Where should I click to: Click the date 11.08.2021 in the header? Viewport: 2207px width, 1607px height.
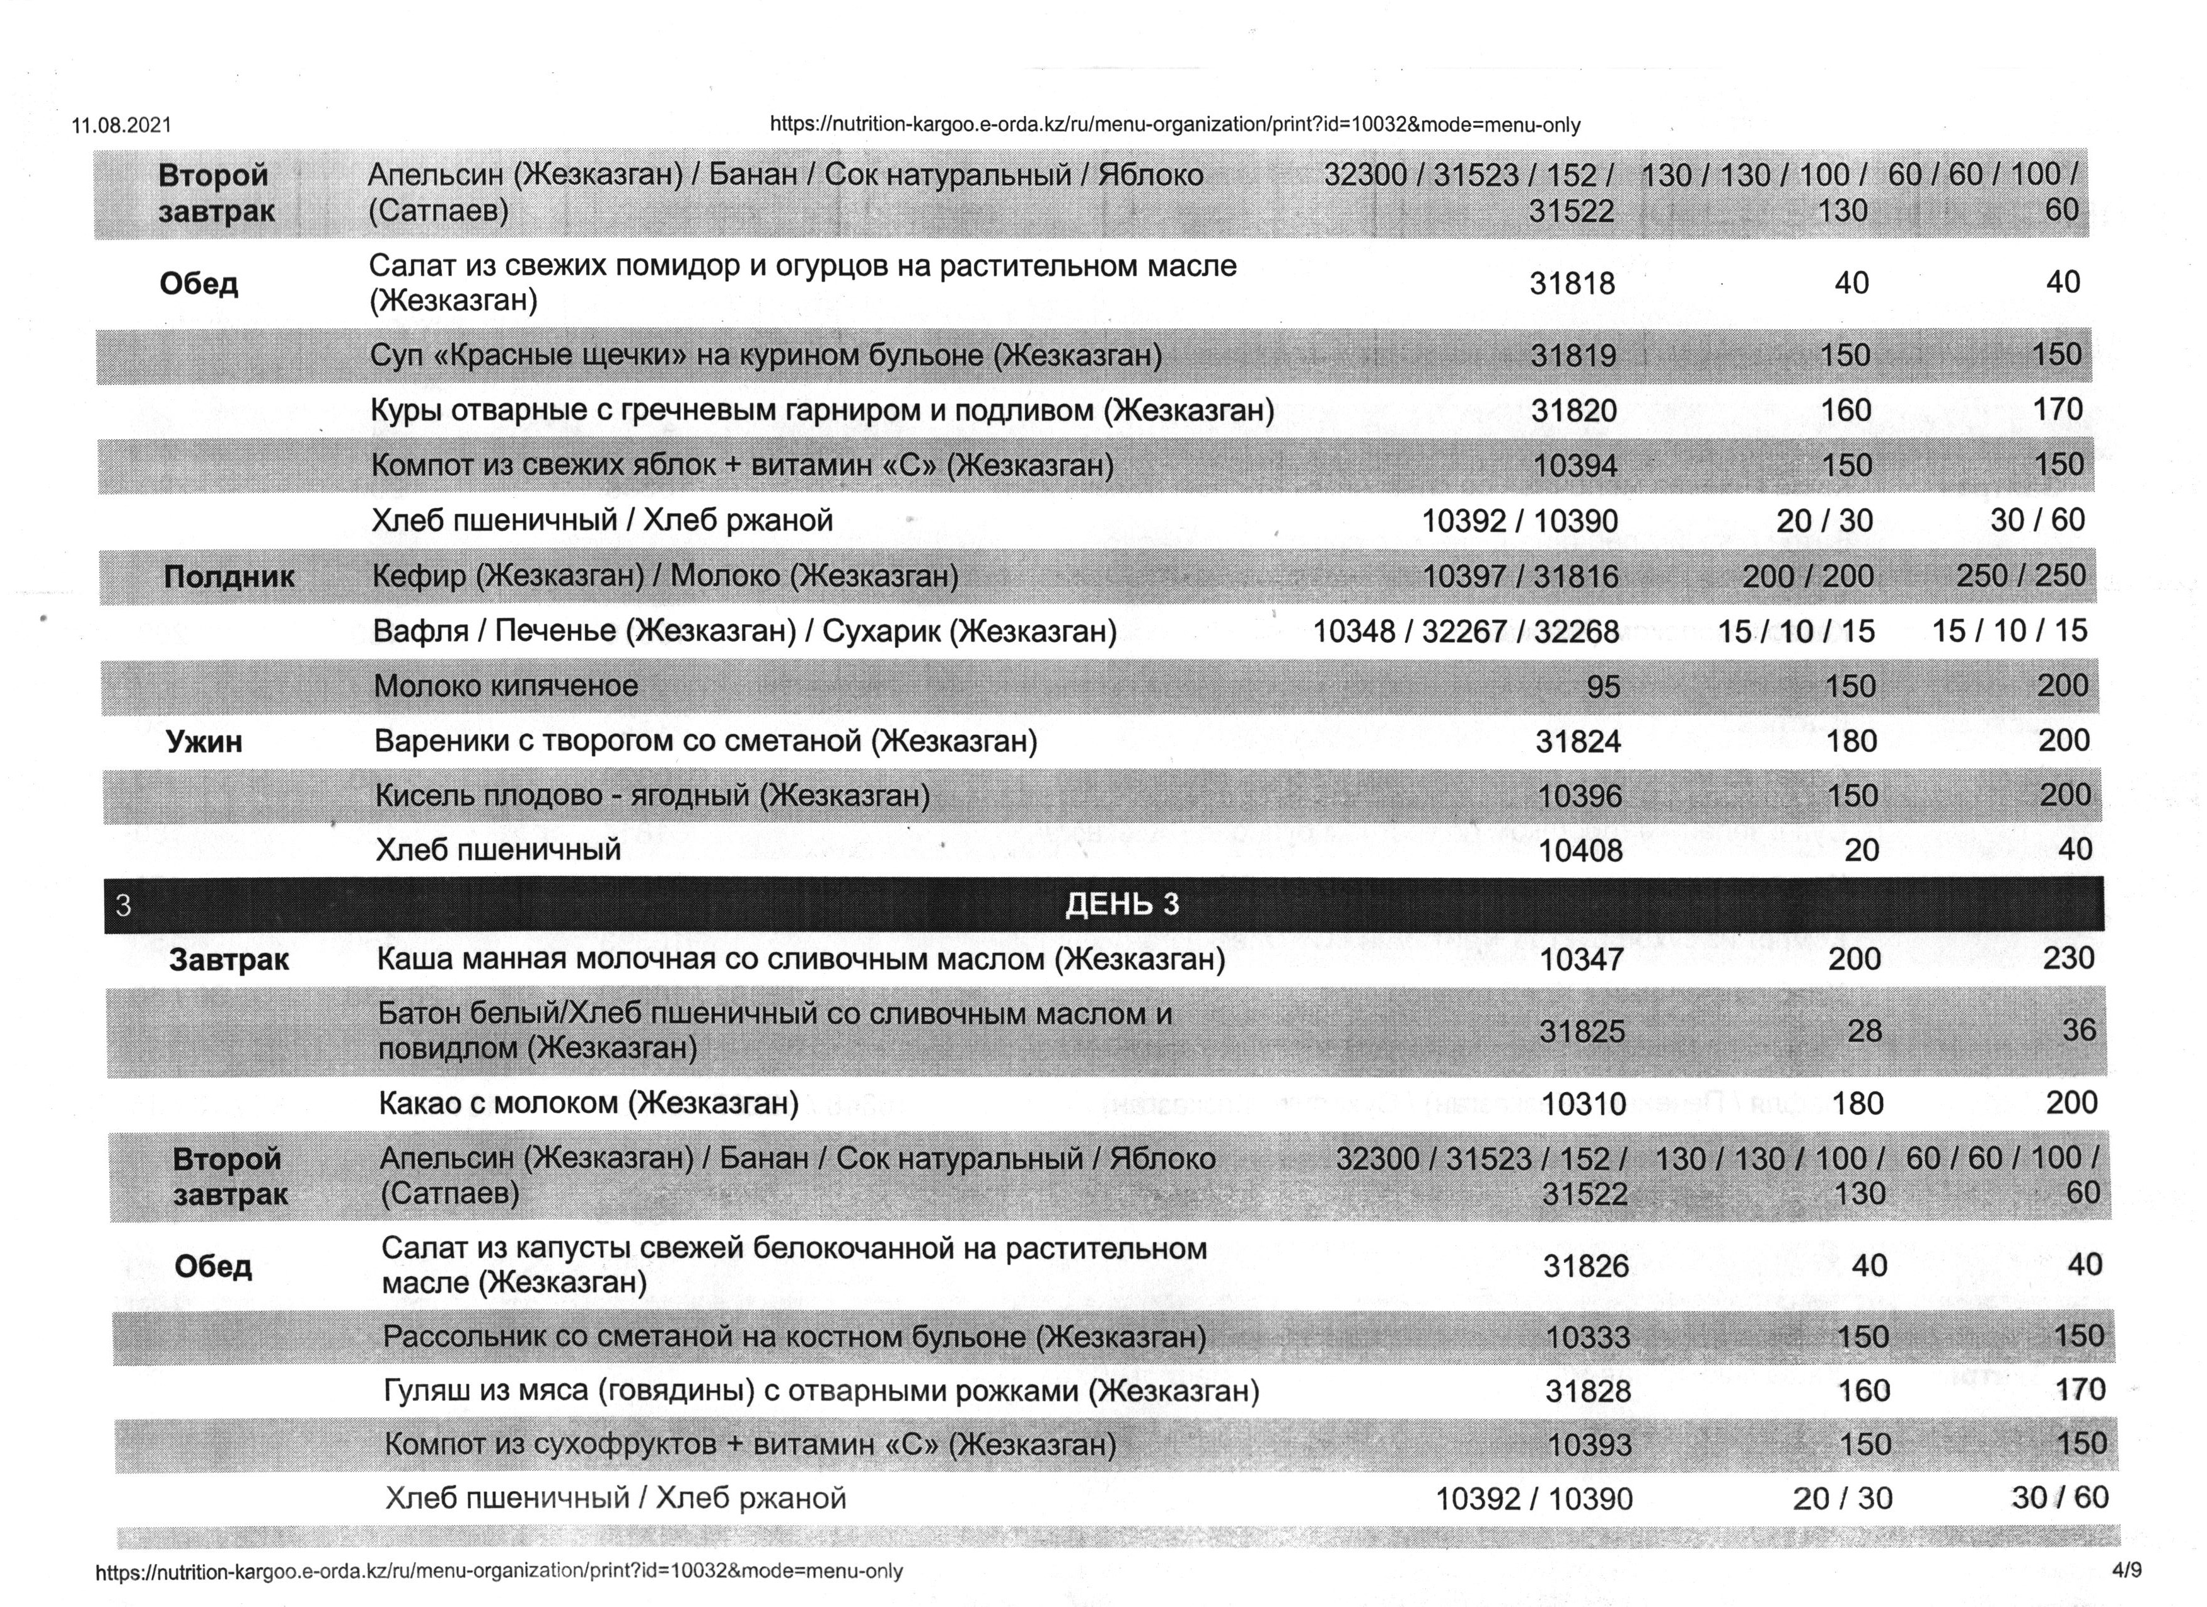122,125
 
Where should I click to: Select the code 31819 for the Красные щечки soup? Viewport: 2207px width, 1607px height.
1573,355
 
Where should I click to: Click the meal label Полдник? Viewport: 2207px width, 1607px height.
229,577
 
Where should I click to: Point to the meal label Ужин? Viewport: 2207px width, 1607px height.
204,742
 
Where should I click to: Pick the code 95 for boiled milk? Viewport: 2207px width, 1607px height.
1602,688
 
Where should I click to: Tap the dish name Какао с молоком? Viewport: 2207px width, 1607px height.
588,1103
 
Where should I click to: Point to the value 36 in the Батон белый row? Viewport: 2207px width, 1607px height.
2078,1030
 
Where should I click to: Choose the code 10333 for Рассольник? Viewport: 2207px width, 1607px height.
1587,1337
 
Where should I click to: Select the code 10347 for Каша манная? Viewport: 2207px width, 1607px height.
1582,960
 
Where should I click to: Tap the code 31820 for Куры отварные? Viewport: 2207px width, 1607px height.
1573,410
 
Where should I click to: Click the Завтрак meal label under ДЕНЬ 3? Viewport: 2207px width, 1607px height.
229,960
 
